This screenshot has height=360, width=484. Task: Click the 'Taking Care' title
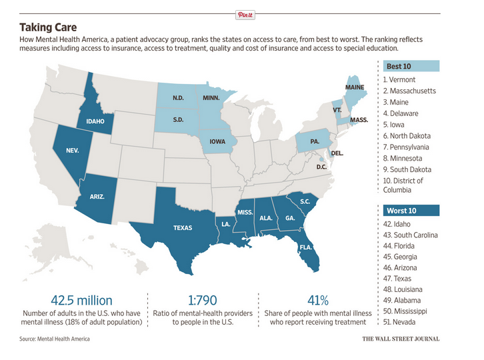point(48,27)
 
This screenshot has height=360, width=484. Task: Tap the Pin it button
point(245,13)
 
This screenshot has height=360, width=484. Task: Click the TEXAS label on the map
point(183,228)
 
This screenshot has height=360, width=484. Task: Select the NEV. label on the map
point(73,151)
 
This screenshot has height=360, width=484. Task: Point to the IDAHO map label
point(95,121)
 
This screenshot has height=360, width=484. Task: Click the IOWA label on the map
point(218,141)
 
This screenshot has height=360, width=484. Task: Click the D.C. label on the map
point(321,167)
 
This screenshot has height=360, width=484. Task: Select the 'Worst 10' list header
point(403,211)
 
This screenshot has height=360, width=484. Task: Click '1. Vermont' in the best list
point(399,80)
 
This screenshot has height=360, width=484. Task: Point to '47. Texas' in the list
point(399,279)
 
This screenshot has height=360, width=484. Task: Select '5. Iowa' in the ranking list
point(395,125)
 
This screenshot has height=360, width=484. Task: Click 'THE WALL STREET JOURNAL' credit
point(401,339)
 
